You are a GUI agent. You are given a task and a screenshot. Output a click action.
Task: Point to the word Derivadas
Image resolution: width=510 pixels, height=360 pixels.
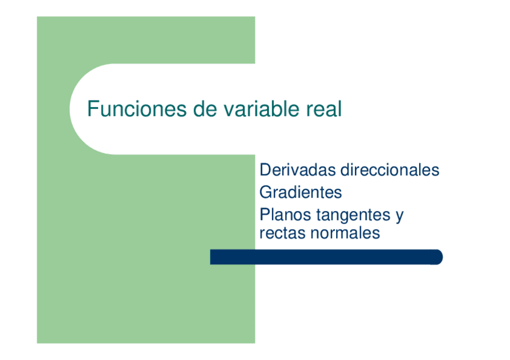tap(297, 170)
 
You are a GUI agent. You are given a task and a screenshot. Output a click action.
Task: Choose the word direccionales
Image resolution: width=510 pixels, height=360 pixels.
tap(390, 170)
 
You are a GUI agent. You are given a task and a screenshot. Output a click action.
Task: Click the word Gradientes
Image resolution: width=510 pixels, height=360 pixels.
tap(301, 192)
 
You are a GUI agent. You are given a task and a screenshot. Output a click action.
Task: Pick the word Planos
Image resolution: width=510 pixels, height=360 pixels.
tap(284, 215)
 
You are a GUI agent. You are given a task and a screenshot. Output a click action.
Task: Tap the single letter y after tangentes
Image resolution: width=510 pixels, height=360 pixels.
tap(399, 216)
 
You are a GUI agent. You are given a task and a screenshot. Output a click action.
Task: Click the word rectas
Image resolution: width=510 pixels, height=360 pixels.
tap(281, 233)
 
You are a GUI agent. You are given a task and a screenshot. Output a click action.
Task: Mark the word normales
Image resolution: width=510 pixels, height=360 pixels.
tap(345, 233)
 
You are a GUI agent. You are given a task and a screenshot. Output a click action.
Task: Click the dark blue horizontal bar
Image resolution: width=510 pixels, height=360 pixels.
tap(325, 257)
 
